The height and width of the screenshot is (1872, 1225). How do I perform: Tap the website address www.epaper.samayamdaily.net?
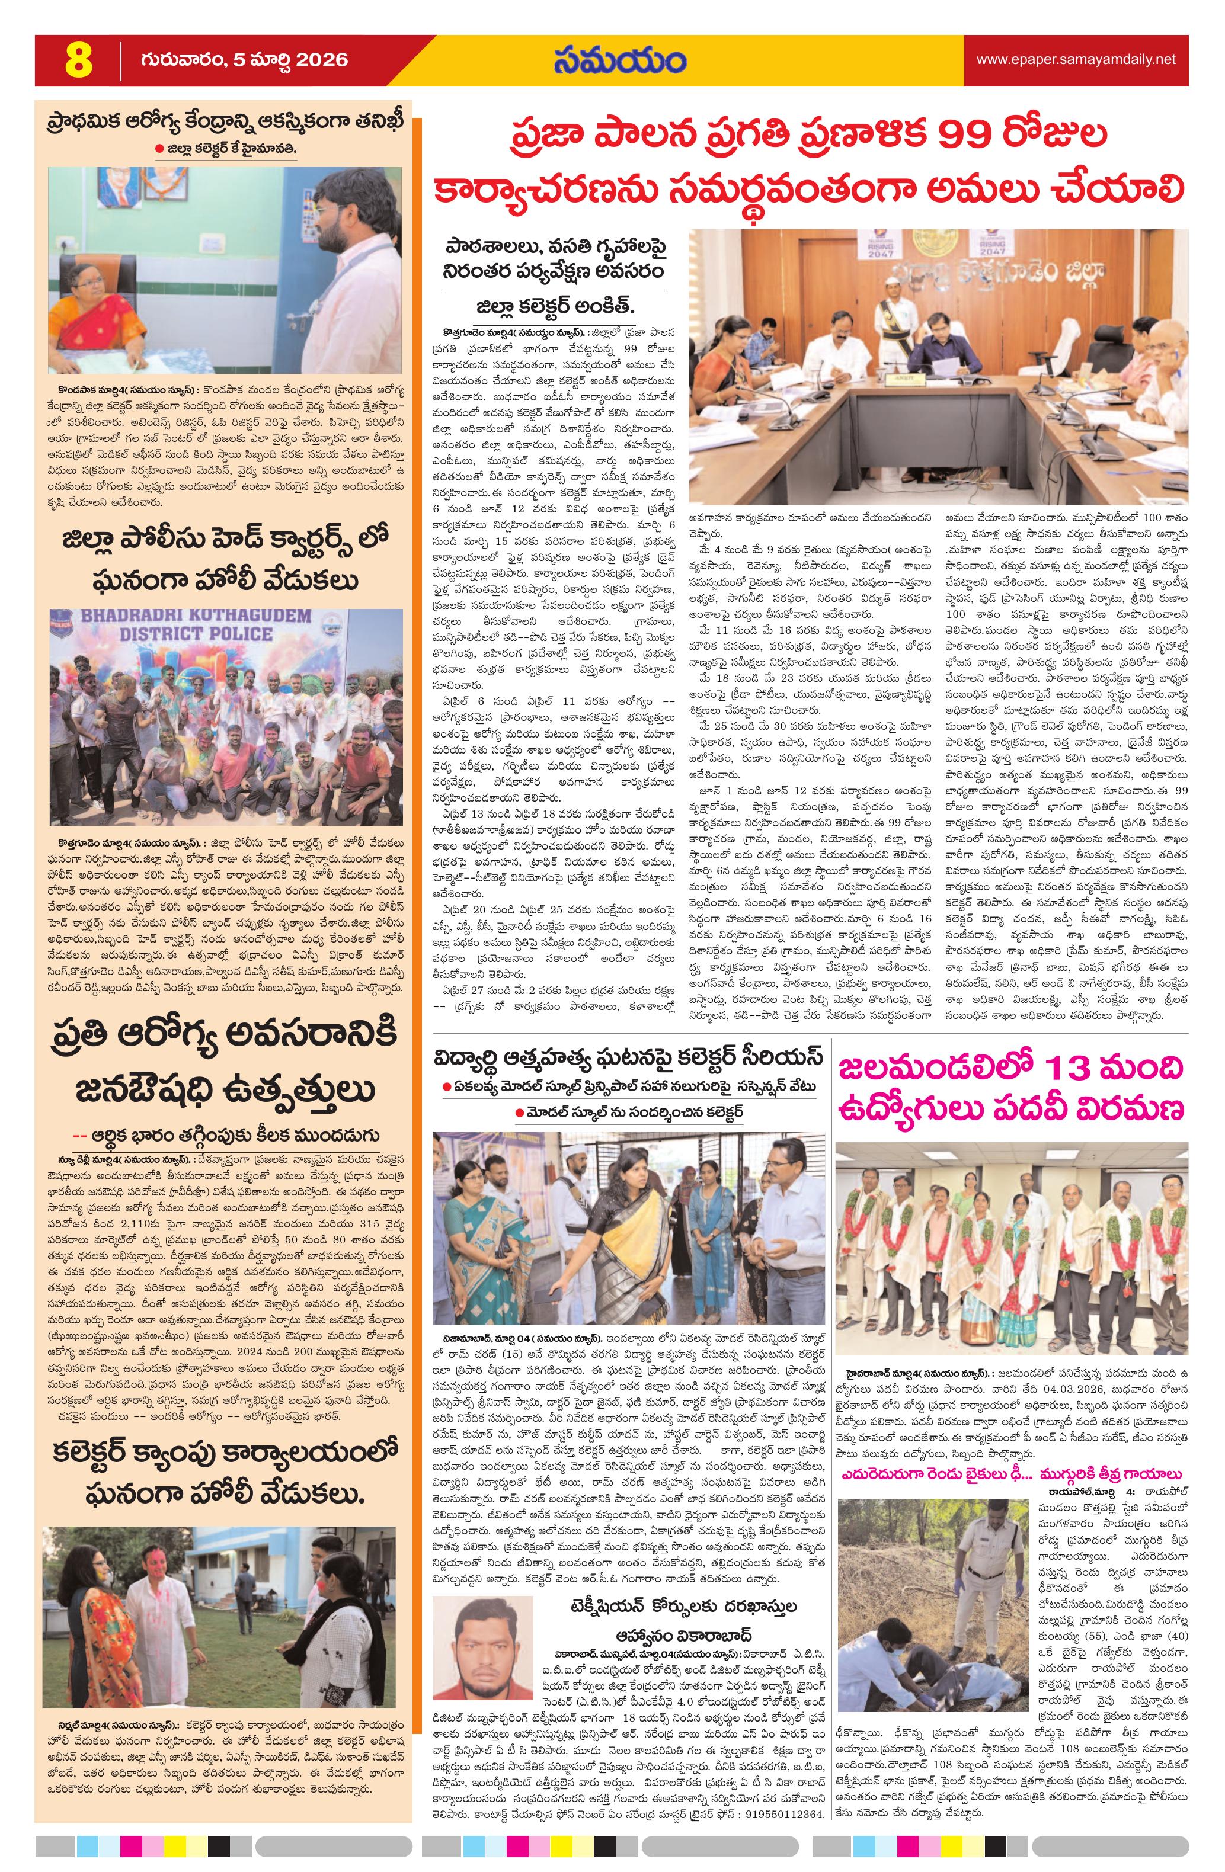click(x=1076, y=59)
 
